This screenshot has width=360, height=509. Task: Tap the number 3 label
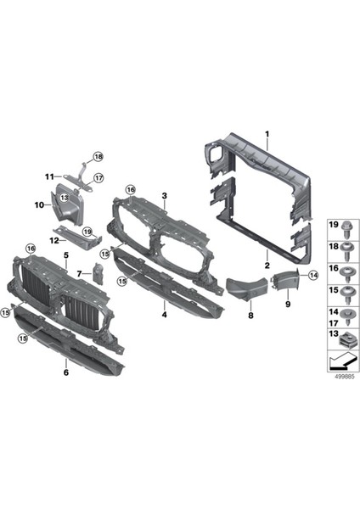[165, 195]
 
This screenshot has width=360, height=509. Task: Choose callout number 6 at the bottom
[66, 372]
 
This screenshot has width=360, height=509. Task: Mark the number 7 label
[77, 274]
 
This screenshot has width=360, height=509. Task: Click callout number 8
[250, 315]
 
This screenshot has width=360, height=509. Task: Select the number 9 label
[287, 303]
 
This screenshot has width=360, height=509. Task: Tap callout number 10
[38, 204]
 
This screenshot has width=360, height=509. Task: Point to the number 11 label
[49, 176]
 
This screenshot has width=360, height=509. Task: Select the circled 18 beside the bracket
[98, 157]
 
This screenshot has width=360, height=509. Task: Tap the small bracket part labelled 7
[97, 273]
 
